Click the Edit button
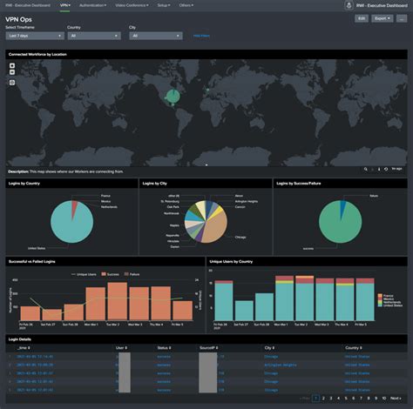point(362,17)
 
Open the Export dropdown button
point(382,17)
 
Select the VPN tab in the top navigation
point(66,4)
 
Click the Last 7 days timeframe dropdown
point(32,36)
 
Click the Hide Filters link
point(201,36)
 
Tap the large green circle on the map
point(173,96)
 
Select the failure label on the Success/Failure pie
point(373,197)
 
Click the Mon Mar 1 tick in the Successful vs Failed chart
point(91,324)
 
